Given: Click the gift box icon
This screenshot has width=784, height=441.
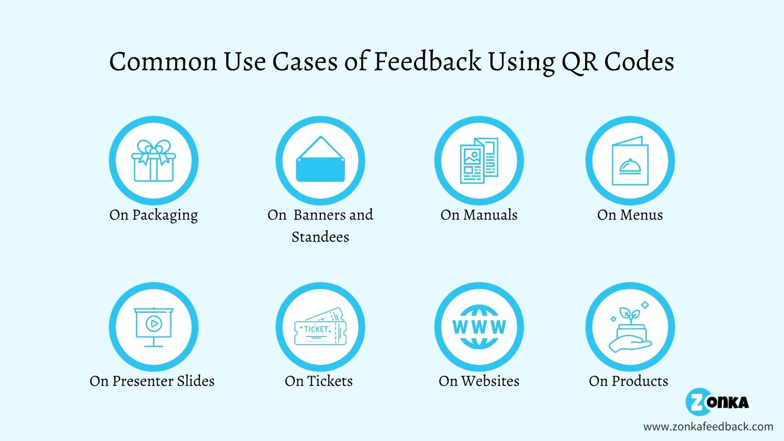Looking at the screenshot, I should pos(154,161).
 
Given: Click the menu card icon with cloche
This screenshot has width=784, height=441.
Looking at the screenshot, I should pos(630,161).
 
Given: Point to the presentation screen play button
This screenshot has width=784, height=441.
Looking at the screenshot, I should pos(154,324).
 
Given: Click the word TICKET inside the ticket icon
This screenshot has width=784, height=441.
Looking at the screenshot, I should pos(316,329).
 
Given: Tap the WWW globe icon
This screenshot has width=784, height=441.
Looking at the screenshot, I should pos(479,327).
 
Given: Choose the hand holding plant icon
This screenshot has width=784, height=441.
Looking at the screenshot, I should pos(630,329).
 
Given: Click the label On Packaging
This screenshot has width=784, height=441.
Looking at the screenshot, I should pos(154,215).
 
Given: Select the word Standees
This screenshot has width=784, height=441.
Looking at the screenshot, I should pos(320,237).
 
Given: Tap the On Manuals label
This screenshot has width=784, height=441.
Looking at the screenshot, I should pos(479,215).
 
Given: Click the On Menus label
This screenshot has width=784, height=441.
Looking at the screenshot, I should pos(630,215).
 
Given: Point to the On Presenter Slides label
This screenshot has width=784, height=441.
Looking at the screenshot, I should pos(152,381).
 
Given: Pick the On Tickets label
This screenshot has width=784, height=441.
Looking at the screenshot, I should pos(318,381).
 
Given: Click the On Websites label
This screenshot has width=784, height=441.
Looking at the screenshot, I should pos(479,381).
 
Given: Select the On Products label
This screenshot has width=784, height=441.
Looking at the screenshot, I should pos(628,381).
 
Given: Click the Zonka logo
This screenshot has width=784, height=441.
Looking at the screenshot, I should pos(717,402).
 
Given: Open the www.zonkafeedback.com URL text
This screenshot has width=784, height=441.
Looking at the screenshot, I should pos(708,427).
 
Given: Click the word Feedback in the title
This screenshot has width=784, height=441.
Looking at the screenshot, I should pos(427,61).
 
